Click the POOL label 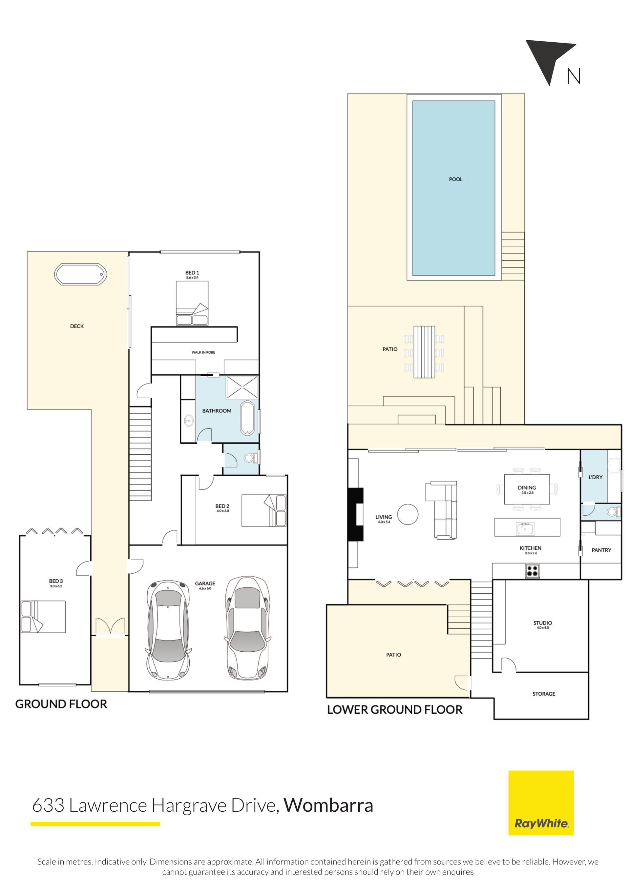(455, 179)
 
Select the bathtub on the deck (80, 274)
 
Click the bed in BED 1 (192, 303)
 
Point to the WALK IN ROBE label (203, 352)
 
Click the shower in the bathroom (242, 387)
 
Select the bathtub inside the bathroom (247, 418)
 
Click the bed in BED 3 (43, 617)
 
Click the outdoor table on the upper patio (424, 352)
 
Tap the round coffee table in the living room (408, 514)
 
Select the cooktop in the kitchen (532, 571)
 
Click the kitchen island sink (525, 528)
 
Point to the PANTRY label (601, 550)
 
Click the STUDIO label (542, 623)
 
